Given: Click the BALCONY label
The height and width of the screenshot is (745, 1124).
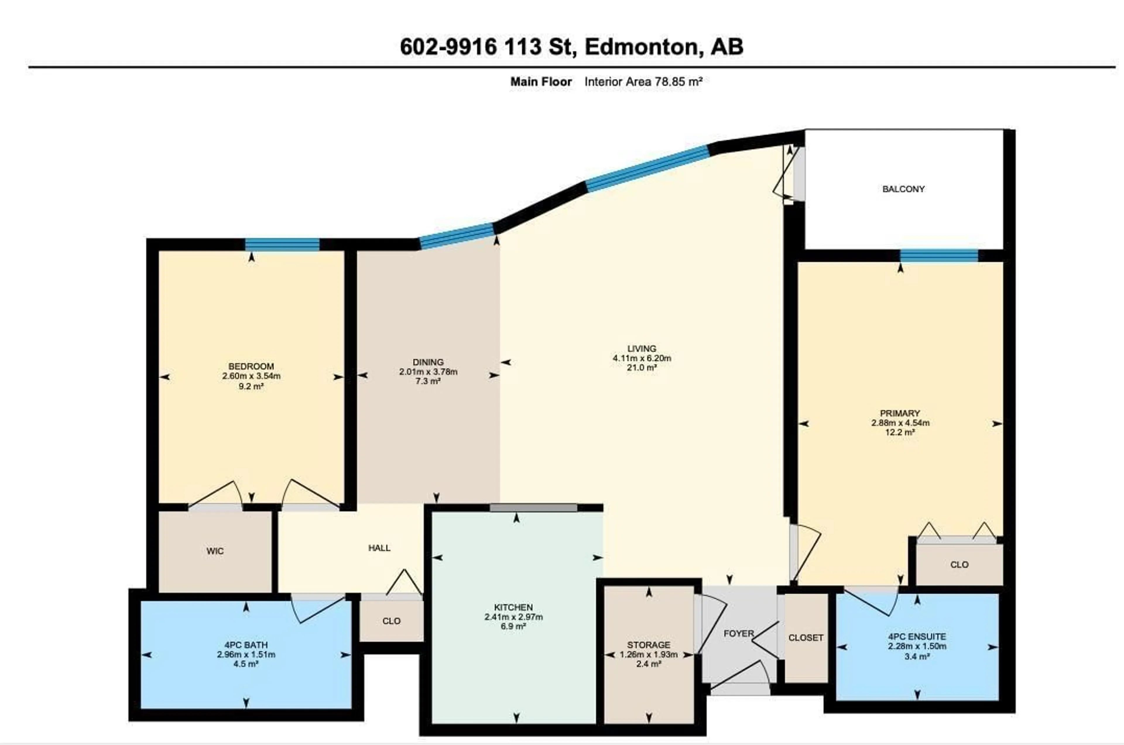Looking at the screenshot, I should point(903,189).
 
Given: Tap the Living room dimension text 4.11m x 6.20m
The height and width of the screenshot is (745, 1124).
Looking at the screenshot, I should point(642,358).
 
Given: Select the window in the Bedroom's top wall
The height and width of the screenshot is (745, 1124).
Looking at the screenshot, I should point(282,245).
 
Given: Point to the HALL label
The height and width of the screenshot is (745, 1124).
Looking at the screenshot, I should point(379,548).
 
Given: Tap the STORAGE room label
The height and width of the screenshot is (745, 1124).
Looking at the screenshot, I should point(648,645).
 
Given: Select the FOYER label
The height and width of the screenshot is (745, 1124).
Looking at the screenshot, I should point(739,633).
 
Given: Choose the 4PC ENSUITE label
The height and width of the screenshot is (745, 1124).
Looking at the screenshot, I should point(917,636).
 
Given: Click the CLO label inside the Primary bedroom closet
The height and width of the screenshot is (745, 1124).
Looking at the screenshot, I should point(959,564).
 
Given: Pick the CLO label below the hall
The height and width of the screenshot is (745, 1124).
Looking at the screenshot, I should point(391,621).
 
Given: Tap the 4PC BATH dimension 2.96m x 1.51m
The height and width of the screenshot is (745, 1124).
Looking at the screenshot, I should point(246,654).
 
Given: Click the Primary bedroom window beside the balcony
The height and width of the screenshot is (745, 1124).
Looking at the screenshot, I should point(939,256).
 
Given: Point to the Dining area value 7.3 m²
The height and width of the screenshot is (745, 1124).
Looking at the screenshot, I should point(428,381).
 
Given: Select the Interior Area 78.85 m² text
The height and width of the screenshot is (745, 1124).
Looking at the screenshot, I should point(643,82).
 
